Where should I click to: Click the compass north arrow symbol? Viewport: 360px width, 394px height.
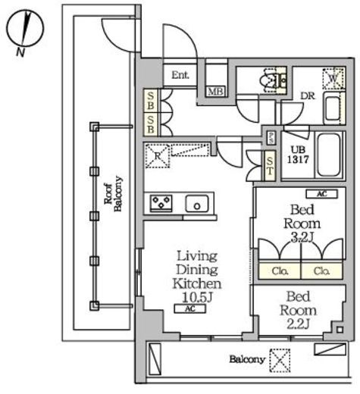25,28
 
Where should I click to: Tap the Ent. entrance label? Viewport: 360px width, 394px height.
180,75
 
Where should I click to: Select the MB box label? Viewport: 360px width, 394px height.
215,92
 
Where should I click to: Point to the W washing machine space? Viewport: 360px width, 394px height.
333,79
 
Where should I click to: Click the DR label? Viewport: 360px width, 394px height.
308,95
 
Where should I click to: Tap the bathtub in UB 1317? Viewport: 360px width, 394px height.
328,155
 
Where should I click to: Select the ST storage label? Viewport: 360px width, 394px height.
270,166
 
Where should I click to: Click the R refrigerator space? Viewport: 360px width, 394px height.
158,156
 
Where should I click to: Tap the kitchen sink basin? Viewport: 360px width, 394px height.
197,204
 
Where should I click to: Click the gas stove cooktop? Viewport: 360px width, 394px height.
161,203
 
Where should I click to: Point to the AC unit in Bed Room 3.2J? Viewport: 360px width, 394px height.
321,194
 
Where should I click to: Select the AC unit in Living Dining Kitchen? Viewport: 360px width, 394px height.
189,308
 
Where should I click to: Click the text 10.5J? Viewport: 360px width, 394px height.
198,298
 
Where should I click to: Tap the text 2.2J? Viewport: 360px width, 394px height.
298,324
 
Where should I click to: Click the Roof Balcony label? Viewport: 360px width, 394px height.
114,194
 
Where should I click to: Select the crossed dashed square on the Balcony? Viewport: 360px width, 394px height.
280,361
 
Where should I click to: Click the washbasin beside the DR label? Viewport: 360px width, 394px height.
333,108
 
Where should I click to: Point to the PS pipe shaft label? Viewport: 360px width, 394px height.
271,138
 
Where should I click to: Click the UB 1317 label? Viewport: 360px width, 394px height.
298,155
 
